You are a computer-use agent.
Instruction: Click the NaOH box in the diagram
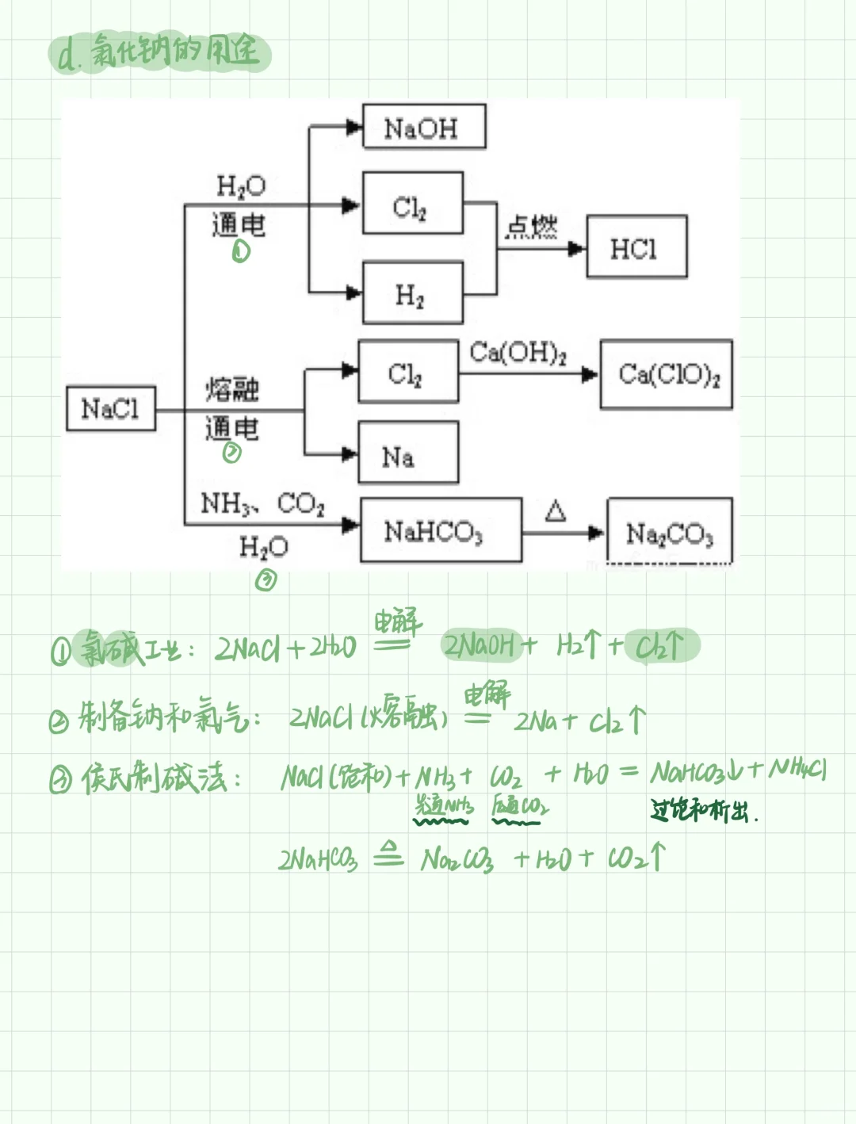tap(423, 127)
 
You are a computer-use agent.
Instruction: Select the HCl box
tap(636, 247)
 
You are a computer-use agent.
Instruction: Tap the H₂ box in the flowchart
tap(412, 293)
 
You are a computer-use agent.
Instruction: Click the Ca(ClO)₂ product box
tap(666, 374)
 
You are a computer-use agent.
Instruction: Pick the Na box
tap(407, 453)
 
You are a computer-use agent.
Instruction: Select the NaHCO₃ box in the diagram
tap(440, 530)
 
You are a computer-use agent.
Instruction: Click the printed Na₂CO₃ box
tap(669, 532)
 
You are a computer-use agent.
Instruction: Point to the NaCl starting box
tap(110, 409)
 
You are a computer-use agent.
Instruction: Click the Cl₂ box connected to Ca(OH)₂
tap(407, 372)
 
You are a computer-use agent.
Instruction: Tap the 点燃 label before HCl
tap(532, 227)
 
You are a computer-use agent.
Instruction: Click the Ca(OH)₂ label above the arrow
tap(518, 352)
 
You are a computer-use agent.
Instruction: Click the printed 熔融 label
tap(232, 389)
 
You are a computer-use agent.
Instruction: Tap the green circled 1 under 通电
tap(241, 252)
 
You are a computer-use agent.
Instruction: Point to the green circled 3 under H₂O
tap(266, 581)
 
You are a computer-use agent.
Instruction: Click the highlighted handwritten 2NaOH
tap(480, 646)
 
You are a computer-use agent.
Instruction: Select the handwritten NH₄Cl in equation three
tap(798, 768)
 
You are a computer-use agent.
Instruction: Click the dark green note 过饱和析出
tap(701, 810)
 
